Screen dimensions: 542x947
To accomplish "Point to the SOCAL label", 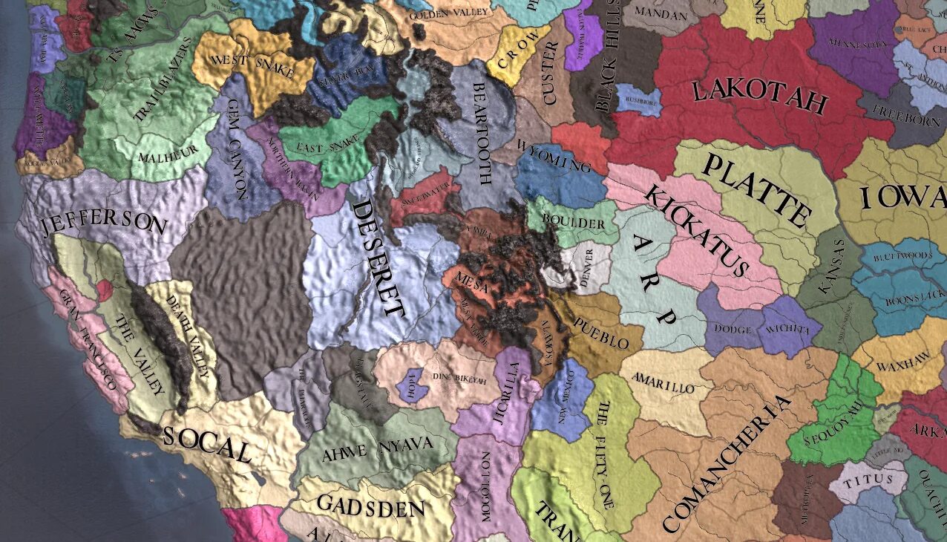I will tap(207, 443).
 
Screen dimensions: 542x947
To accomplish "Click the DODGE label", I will tap(732, 329).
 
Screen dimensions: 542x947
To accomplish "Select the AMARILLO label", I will tap(663, 383).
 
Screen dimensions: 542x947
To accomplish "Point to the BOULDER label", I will tap(574, 221).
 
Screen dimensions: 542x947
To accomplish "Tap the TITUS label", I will tap(869, 480).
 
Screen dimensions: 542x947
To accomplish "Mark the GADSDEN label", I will tap(370, 506).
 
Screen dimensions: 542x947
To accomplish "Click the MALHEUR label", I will tap(160, 156).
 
